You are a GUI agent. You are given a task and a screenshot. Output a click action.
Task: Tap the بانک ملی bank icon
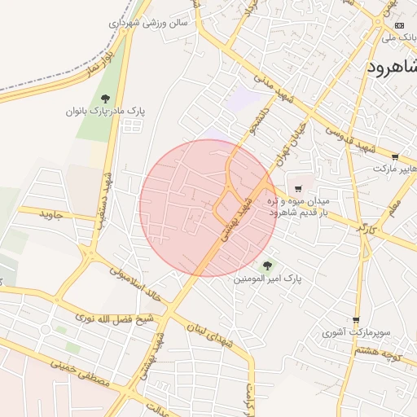(x=398, y=24)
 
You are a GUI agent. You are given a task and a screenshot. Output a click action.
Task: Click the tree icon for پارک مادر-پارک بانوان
(x=105, y=98)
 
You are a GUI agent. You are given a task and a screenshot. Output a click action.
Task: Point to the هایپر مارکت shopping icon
(x=395, y=156)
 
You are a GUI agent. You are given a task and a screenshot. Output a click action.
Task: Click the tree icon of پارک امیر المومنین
(x=267, y=265)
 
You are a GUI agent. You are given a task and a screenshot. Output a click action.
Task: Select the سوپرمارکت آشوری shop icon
(x=356, y=321)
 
